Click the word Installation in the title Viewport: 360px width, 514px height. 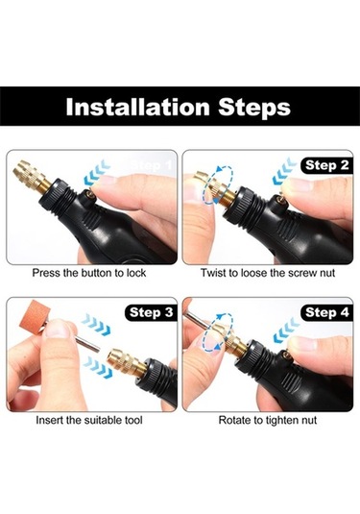(137, 107)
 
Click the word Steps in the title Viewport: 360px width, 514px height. (254, 108)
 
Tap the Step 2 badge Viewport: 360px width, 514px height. (326, 165)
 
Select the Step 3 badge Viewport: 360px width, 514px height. (151, 312)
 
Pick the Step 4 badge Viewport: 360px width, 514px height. (326, 312)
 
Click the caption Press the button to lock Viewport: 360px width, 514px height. (89, 273)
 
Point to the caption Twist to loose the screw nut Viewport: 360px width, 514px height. (268, 273)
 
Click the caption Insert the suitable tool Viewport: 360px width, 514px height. (89, 420)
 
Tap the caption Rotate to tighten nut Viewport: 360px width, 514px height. (268, 420)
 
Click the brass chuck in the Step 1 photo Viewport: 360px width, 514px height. (32, 178)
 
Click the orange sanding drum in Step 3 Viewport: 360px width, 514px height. (32, 317)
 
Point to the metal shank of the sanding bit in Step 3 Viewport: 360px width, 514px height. (87, 344)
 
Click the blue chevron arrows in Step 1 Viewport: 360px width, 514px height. (95, 173)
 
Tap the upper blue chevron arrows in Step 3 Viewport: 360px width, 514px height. (96, 324)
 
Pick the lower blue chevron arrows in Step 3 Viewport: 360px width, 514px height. (98, 367)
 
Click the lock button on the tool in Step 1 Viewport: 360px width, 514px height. (90, 196)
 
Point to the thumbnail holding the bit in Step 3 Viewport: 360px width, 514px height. (58, 330)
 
